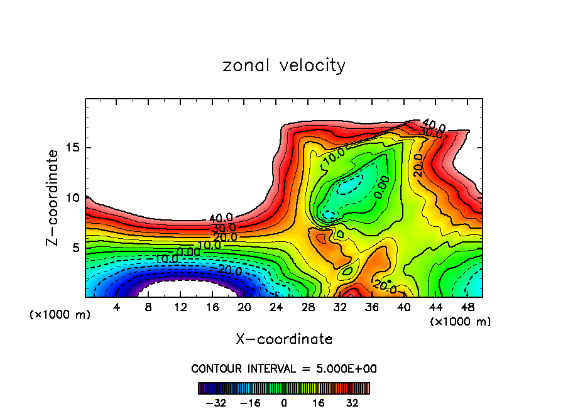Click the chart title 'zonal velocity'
(x=284, y=65)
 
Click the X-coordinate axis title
(x=284, y=339)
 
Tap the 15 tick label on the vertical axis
(x=72, y=148)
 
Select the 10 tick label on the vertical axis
(x=72, y=197)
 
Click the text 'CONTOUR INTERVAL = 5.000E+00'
(x=284, y=368)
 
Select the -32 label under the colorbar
(x=216, y=402)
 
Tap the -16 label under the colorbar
(x=249, y=402)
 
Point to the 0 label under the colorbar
(x=284, y=402)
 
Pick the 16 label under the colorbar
(x=318, y=402)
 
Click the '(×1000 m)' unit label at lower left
(x=60, y=315)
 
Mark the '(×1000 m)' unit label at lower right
(x=460, y=322)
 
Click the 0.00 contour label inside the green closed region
(x=381, y=187)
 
